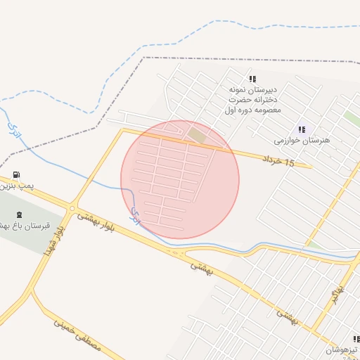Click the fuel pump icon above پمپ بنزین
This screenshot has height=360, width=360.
(x=16, y=175)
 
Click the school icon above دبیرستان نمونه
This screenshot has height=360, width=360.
(x=252, y=79)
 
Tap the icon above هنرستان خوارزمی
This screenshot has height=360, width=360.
(x=302, y=129)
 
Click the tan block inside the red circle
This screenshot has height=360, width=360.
(x=197, y=134)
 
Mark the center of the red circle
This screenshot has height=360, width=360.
(x=180, y=179)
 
